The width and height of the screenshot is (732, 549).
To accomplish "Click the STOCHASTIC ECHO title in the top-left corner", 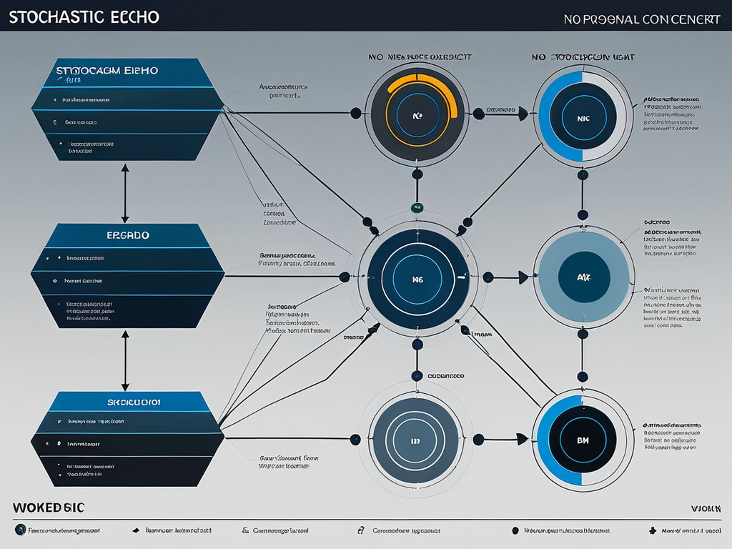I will click(x=84, y=16).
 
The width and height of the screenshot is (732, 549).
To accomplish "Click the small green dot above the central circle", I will click(x=417, y=207).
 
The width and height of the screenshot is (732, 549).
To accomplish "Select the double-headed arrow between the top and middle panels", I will click(x=125, y=193).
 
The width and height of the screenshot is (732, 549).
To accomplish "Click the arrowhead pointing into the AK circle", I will click(x=524, y=277).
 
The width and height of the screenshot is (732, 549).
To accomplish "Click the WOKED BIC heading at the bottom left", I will click(x=48, y=508).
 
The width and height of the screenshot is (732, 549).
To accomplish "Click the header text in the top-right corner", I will click(x=641, y=19).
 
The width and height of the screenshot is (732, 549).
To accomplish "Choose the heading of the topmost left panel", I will click(x=107, y=71).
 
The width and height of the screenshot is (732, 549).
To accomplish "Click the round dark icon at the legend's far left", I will click(x=21, y=530).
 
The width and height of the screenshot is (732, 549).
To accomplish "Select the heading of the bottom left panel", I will click(x=134, y=402).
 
